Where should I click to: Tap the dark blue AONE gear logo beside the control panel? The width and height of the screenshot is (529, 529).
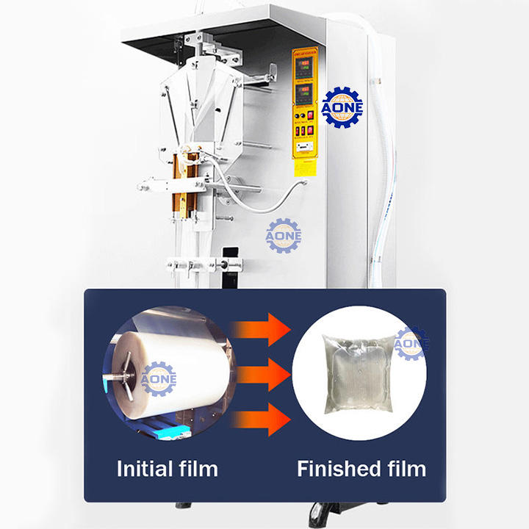pos(342,107)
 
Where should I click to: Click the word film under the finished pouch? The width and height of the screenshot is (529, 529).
pos(407,468)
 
